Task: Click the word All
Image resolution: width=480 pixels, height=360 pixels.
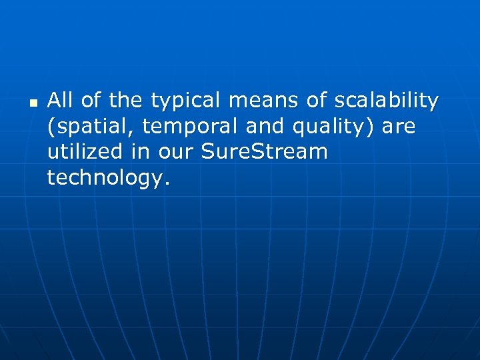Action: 60,101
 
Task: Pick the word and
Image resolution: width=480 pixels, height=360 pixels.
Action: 265,127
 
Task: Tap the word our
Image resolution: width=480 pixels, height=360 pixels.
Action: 177,153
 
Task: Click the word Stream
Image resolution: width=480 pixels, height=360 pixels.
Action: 291,152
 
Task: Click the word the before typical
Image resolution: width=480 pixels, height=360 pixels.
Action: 125,101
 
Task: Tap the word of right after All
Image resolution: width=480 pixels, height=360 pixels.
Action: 89,101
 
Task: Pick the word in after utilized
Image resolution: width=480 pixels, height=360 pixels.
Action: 141,152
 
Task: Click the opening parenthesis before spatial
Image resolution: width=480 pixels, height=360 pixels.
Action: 51,127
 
